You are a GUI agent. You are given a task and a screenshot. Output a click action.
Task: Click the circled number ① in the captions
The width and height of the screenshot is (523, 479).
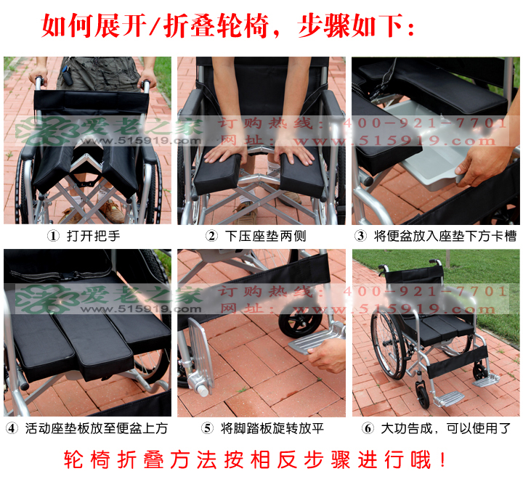[x=53, y=236]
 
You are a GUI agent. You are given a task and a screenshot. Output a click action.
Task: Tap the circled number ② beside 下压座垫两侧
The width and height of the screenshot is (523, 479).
[x=211, y=236]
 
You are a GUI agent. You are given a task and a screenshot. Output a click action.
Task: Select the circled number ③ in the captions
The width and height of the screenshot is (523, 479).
[x=360, y=236]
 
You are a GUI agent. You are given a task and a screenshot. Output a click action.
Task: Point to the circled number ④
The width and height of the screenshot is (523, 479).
[x=12, y=428]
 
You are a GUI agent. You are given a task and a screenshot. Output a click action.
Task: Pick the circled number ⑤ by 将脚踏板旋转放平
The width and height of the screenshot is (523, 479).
[x=207, y=428]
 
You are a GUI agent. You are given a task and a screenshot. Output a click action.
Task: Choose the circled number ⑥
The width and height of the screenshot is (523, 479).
[x=368, y=428]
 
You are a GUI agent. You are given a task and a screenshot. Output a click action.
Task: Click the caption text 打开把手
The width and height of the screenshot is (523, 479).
[x=93, y=236]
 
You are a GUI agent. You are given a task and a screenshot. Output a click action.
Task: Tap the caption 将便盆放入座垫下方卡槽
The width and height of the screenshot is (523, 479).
[x=445, y=236]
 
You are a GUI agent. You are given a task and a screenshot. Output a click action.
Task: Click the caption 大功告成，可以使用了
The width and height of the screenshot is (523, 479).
[x=446, y=428]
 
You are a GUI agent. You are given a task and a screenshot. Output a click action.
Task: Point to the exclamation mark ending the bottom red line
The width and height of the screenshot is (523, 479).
[x=442, y=460]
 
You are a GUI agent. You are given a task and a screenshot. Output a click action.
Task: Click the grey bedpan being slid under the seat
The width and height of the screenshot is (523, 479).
[x=430, y=157]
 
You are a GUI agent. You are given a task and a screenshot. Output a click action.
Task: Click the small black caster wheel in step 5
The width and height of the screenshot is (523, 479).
[x=300, y=320]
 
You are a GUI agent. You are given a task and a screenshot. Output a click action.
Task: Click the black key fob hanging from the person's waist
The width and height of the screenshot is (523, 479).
[x=68, y=78]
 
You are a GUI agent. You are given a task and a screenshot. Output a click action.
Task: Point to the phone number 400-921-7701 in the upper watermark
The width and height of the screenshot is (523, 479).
[x=425, y=123]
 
